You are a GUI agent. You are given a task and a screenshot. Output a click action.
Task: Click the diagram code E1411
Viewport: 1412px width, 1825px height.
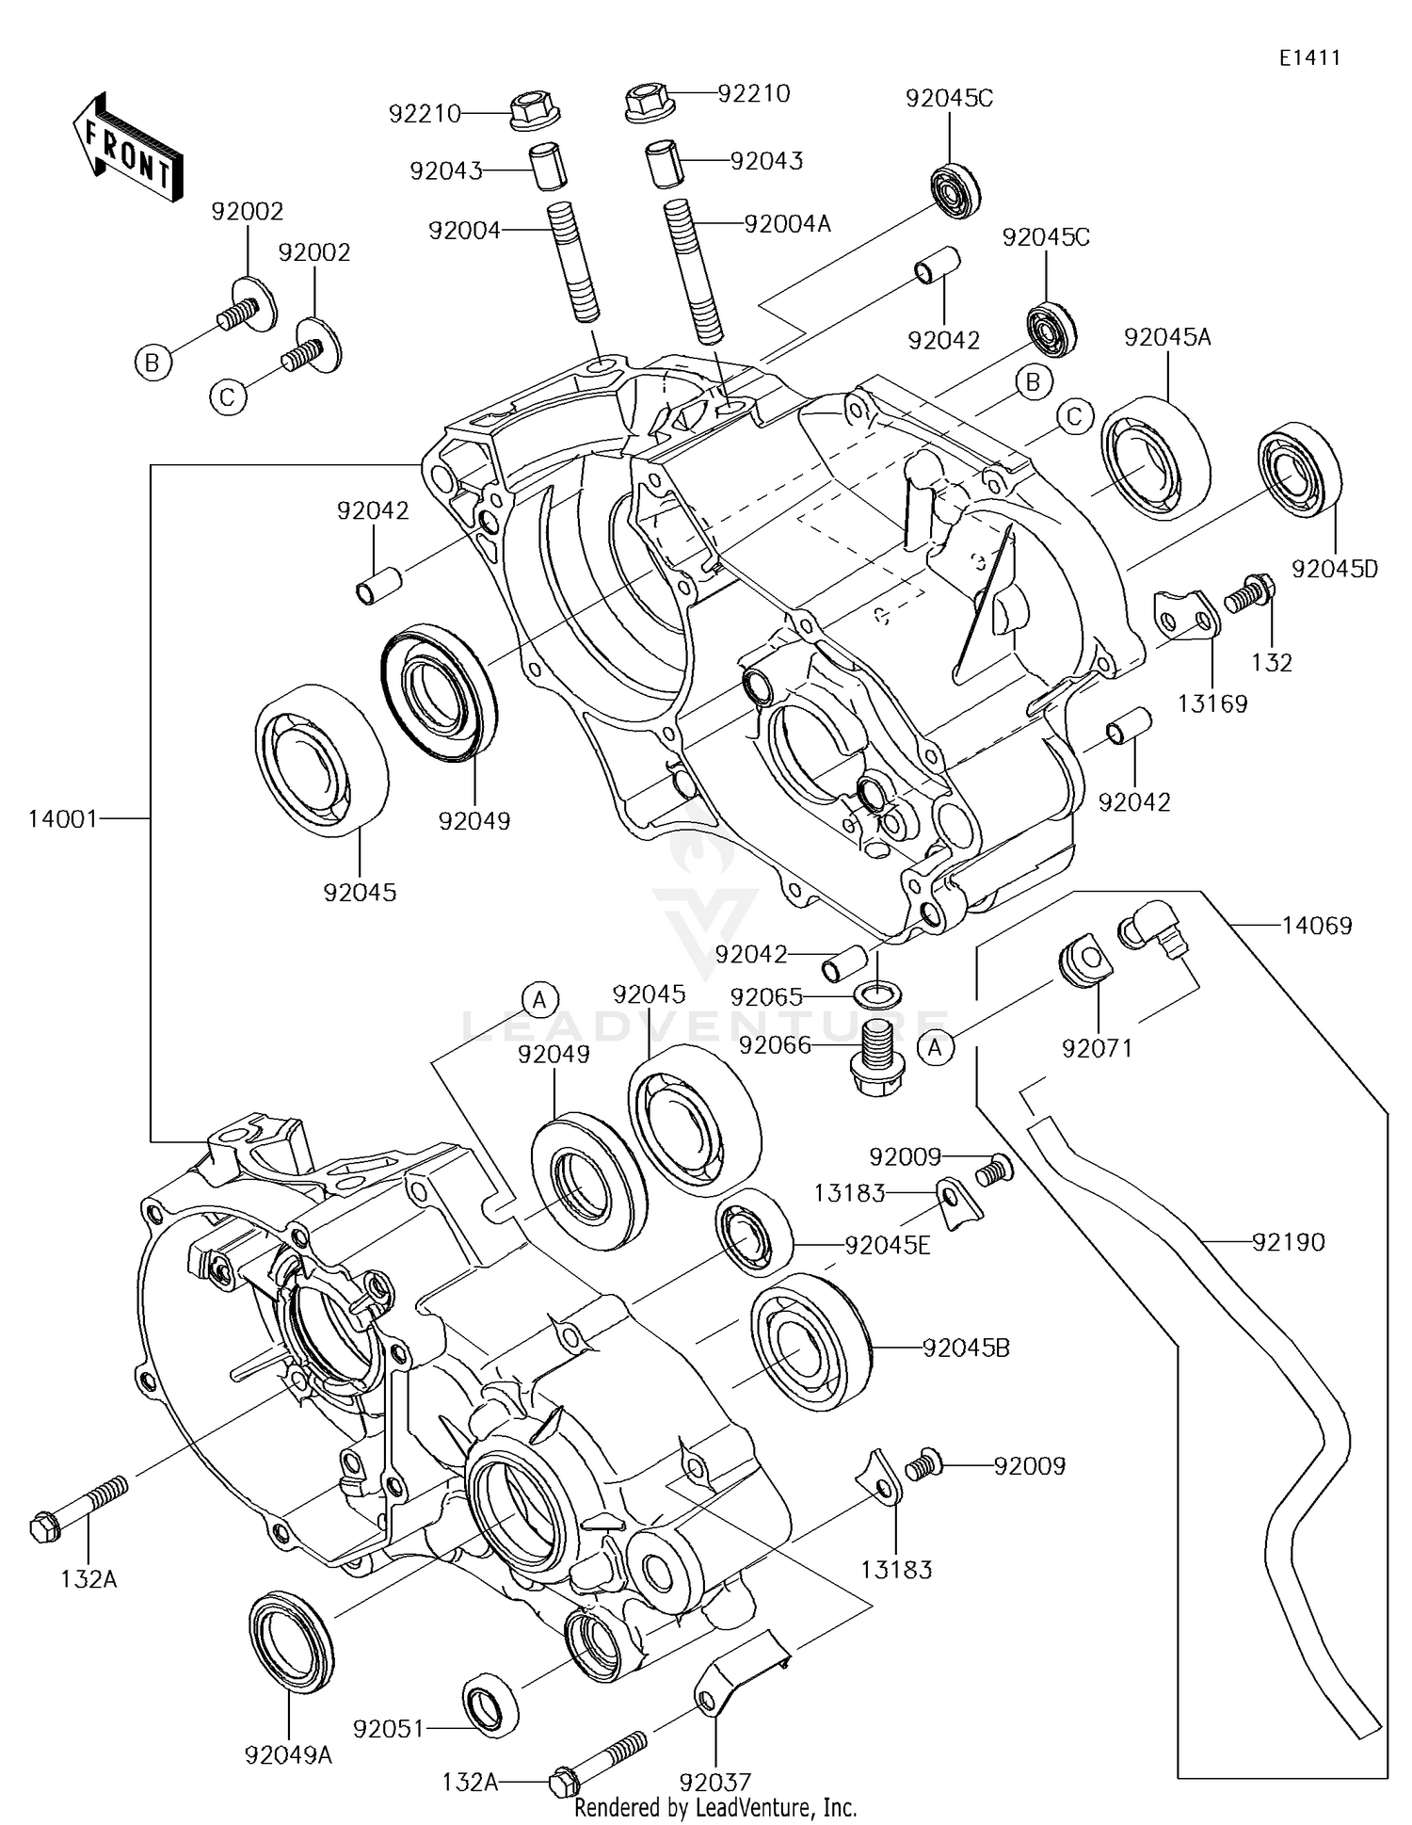pos(1308,57)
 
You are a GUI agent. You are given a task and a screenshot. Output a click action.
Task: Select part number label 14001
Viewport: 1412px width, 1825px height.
pos(62,818)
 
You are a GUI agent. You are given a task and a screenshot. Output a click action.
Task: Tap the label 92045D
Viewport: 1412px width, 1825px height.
pos(1334,569)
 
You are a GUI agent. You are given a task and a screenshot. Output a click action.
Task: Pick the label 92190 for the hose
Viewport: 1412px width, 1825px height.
pos(1288,1242)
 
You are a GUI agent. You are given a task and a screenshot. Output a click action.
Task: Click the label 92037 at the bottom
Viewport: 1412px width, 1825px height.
pos(714,1782)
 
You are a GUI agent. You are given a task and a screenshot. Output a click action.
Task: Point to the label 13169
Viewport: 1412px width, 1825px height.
pos(1212,703)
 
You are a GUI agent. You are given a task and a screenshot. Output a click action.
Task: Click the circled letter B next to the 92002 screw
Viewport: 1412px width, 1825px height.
pos(152,362)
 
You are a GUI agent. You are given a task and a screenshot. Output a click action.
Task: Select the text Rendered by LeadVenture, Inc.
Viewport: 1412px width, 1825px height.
pos(714,1807)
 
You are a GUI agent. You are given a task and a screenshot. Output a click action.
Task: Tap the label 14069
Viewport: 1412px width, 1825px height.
pos(1316,926)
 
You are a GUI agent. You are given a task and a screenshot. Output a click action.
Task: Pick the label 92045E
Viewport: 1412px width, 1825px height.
pos(887,1245)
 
